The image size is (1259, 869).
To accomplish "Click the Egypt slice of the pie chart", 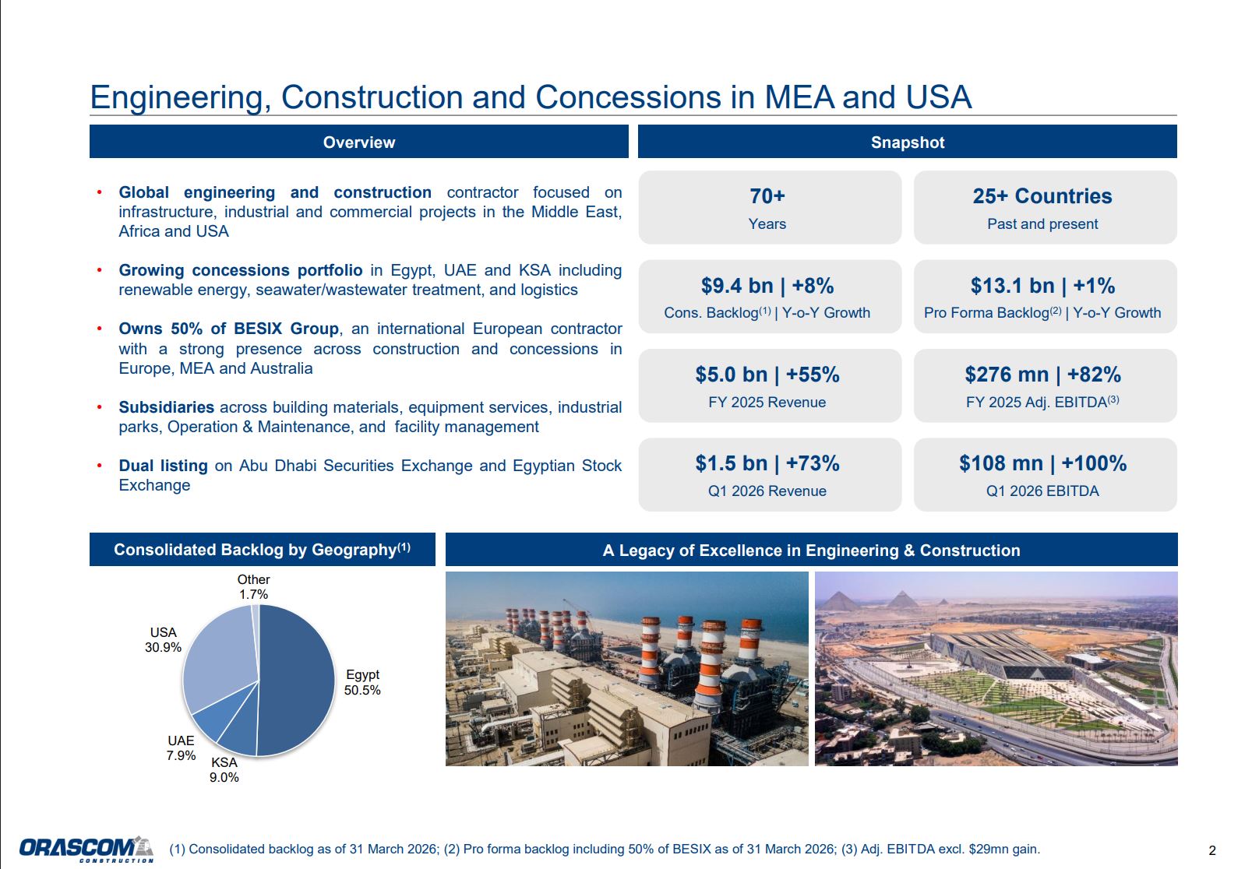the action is point(298,680).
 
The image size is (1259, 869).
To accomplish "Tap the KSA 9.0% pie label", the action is point(224,769).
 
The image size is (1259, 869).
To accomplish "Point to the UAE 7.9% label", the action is point(181,748).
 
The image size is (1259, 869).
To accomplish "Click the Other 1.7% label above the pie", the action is point(253,586).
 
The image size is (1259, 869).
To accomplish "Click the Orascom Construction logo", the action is point(86,849).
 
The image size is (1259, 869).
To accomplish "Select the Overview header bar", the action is point(358,142).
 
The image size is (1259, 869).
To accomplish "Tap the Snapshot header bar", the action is point(907,142).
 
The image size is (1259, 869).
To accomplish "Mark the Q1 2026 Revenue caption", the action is point(767,491).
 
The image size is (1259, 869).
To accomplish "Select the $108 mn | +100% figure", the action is point(1042,463).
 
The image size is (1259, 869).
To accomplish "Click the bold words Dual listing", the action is point(163,466).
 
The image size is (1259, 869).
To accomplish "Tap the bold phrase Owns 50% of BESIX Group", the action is point(229,329).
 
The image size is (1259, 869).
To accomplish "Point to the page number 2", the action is point(1212,850).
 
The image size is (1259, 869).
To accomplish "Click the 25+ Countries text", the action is point(1042,196).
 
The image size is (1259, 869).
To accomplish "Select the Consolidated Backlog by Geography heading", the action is point(262,549).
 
